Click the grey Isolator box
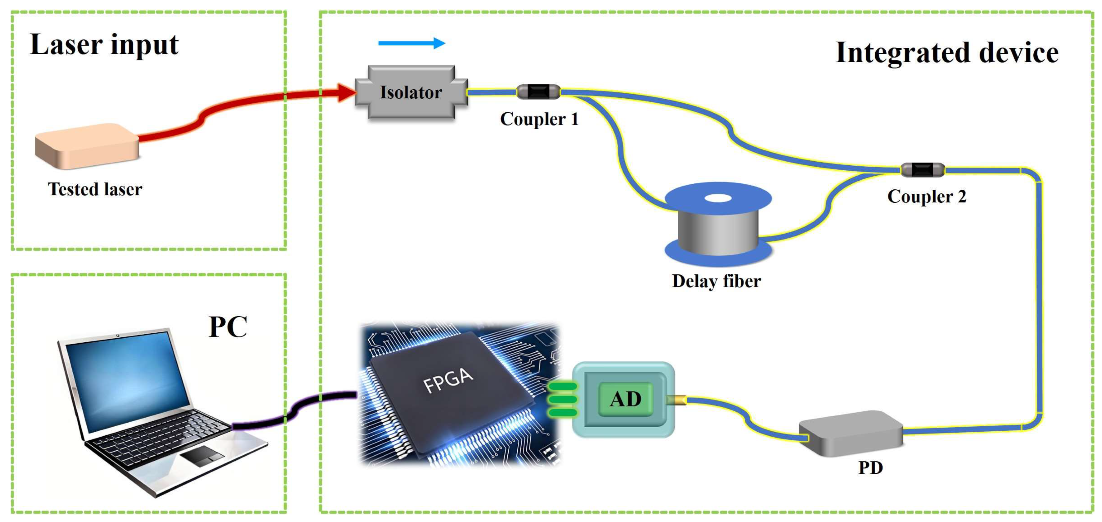tap(411, 92)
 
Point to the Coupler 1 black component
tap(538, 91)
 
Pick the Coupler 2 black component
tap(922, 170)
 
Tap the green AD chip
tap(626, 399)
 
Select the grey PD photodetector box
tap(851, 433)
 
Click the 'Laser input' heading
tap(104, 45)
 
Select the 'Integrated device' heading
tap(946, 53)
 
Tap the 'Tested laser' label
tap(95, 189)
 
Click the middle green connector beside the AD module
tap(562, 399)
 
